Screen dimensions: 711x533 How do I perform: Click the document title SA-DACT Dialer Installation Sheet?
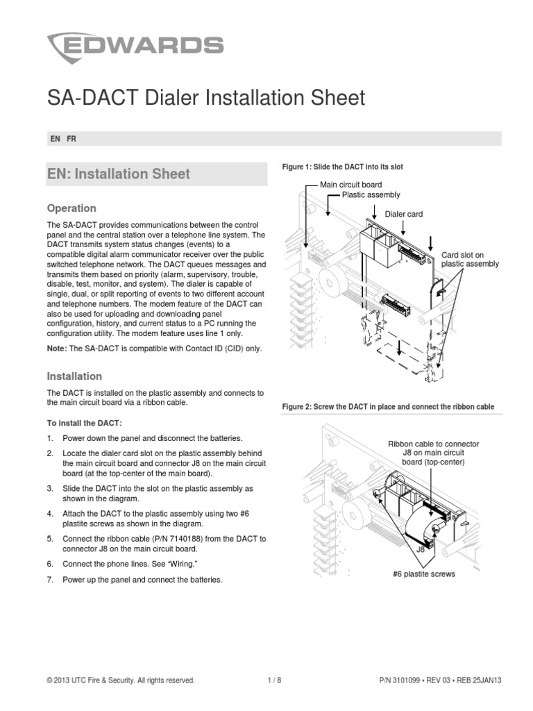[205, 99]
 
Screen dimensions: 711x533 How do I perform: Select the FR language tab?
[71, 139]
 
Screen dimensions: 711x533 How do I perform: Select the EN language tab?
[55, 139]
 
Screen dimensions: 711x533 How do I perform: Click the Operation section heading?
[71, 208]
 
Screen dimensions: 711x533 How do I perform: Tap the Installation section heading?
[74, 376]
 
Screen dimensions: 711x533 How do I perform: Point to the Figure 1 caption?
[342, 167]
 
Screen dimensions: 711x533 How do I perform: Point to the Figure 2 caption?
[388, 407]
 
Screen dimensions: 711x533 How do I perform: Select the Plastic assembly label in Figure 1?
[371, 195]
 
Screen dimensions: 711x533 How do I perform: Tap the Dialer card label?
[404, 215]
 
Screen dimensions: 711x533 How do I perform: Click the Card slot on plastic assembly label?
[470, 260]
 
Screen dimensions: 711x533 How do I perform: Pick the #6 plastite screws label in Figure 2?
[423, 574]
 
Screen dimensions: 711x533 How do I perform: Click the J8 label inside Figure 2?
[420, 549]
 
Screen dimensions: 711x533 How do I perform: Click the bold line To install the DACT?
[84, 423]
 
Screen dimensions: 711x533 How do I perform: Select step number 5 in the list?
[50, 539]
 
